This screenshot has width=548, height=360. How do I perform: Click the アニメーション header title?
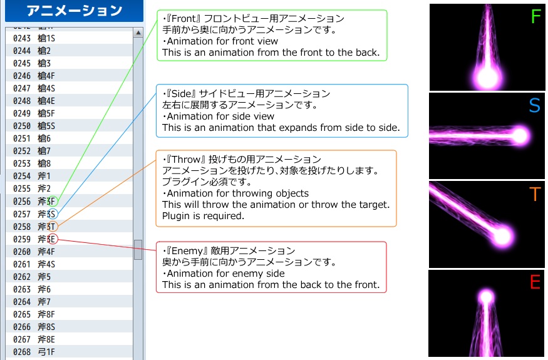[75, 11]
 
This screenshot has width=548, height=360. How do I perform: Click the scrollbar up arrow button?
[138, 33]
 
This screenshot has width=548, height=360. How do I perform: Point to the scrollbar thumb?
[138, 249]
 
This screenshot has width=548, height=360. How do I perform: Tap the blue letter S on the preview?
[534, 106]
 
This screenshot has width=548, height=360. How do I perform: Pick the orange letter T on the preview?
[534, 195]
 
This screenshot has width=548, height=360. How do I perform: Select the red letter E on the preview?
[534, 283]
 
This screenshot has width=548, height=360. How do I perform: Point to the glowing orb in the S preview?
[519, 135]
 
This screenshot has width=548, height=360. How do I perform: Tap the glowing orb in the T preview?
[502, 235]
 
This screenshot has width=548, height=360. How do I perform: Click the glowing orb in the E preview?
[486, 297]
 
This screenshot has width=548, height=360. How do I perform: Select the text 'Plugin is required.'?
[202, 216]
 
